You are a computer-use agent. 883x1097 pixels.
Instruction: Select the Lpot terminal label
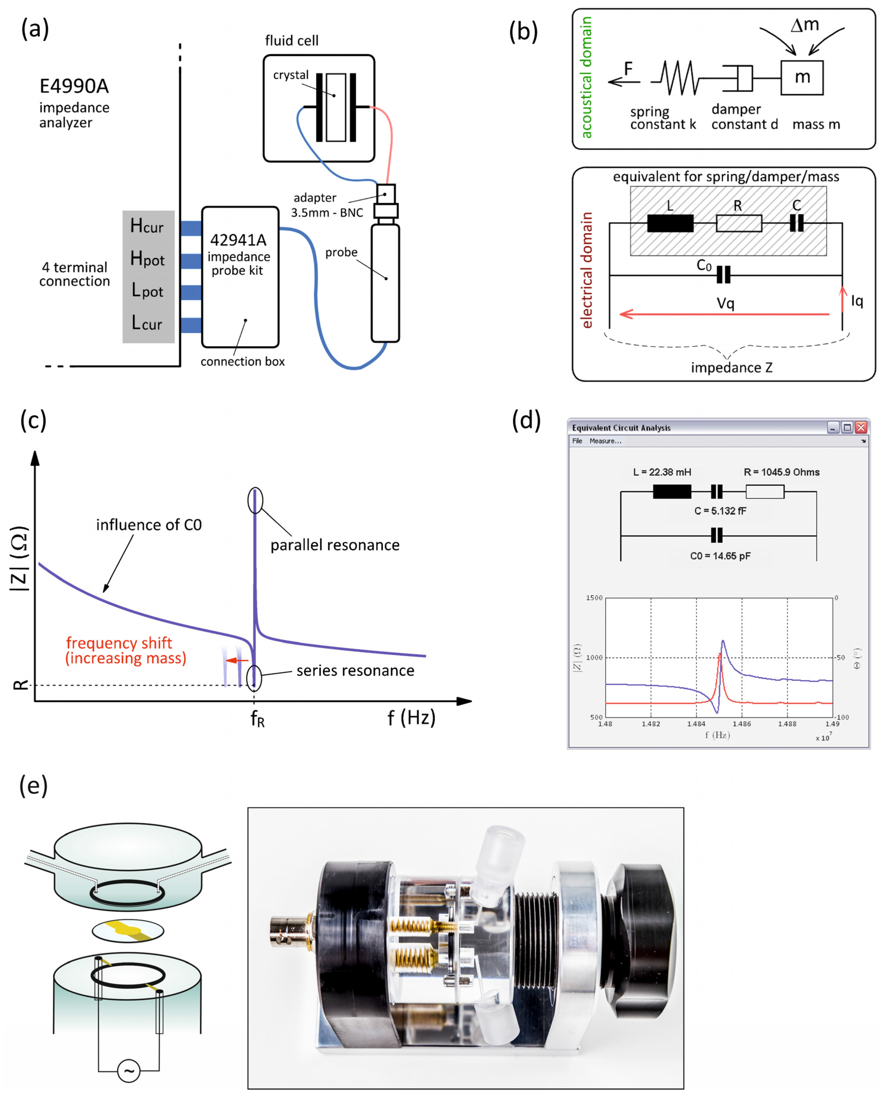click(x=147, y=290)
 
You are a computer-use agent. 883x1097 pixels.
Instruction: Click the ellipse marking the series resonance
click(x=254, y=678)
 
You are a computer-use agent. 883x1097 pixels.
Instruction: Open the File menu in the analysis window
click(x=577, y=441)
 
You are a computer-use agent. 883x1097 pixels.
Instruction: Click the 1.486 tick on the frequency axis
click(x=742, y=723)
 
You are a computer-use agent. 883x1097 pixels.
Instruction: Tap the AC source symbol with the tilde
click(x=129, y=1071)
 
